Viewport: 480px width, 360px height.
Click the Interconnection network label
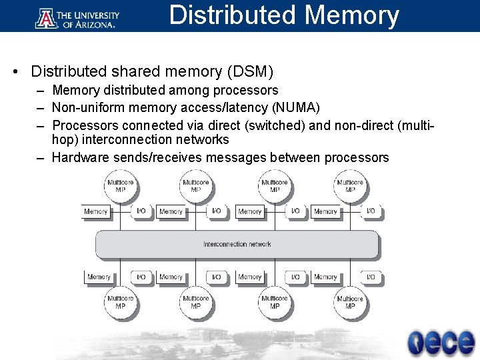[x=237, y=244]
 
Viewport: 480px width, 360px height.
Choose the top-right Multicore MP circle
[x=350, y=185]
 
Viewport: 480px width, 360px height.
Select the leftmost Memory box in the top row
[x=96, y=211]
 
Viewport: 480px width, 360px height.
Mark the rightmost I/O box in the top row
[x=371, y=211]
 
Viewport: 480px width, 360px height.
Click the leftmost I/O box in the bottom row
[x=141, y=277]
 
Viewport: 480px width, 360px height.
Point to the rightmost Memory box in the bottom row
[x=325, y=277]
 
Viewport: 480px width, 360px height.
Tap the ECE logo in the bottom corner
[x=439, y=341]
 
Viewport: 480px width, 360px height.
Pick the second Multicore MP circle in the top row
[x=196, y=185]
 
